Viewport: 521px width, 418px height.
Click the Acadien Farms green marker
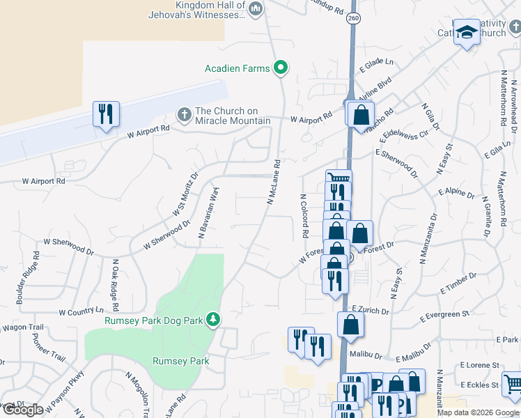[281, 68]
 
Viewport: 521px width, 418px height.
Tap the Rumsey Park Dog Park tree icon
[214, 320]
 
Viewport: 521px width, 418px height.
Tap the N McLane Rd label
[273, 183]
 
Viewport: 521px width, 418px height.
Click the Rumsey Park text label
[181, 361]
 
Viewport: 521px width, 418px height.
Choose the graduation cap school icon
[467, 32]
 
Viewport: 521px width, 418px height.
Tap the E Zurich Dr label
[368, 308]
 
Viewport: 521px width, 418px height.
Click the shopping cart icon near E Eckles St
[512, 384]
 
